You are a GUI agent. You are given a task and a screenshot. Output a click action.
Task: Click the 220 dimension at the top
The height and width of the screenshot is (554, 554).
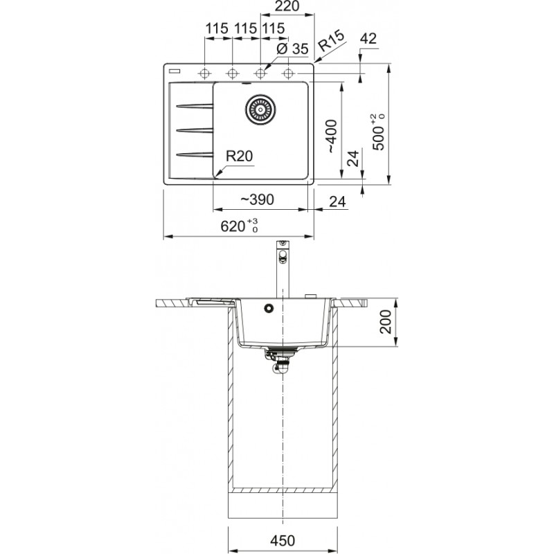[x=287, y=6]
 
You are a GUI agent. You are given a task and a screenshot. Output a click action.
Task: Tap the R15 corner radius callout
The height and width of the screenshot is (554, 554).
[x=331, y=41]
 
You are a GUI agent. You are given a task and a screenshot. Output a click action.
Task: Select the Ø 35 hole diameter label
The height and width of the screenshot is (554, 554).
[x=292, y=48]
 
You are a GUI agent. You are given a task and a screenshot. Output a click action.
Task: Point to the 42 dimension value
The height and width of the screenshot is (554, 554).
[x=368, y=38]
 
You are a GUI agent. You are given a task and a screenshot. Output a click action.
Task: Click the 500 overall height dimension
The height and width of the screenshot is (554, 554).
[x=377, y=132]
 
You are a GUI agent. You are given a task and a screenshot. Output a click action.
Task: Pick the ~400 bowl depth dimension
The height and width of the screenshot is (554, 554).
[x=332, y=136]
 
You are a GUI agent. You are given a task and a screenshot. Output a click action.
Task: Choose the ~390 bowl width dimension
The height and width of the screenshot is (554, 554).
[x=257, y=199]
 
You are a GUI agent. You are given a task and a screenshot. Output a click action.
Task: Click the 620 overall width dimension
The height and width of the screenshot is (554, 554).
[x=239, y=226]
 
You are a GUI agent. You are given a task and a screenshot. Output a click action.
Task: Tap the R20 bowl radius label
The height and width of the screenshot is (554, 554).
[x=239, y=156]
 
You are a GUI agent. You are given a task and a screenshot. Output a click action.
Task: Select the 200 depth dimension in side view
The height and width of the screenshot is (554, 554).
[x=386, y=321]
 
